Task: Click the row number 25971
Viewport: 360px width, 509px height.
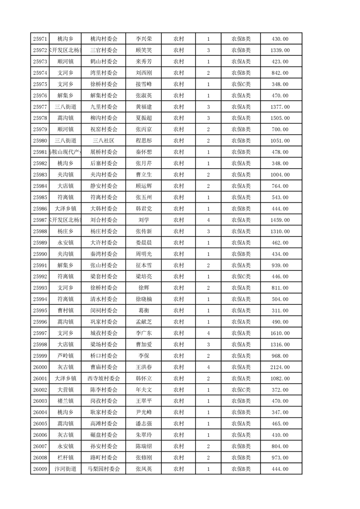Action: (40, 39)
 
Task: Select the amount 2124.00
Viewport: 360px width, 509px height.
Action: (280, 367)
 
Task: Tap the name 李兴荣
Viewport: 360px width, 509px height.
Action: (144, 39)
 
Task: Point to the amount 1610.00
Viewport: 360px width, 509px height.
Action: (280, 333)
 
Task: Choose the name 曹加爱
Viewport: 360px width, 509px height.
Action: (144, 345)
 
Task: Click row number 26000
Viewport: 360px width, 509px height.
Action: (40, 367)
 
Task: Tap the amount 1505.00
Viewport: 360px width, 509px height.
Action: (280, 118)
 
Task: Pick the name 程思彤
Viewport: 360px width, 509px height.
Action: (144, 141)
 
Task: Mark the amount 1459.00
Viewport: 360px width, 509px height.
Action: (280, 220)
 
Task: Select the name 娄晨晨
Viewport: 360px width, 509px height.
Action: (144, 243)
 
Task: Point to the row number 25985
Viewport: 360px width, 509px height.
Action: (40, 197)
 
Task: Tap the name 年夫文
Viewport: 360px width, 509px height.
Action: (144, 390)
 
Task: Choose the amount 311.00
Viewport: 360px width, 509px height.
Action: (280, 311)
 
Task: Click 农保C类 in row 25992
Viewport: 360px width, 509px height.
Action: (241, 277)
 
